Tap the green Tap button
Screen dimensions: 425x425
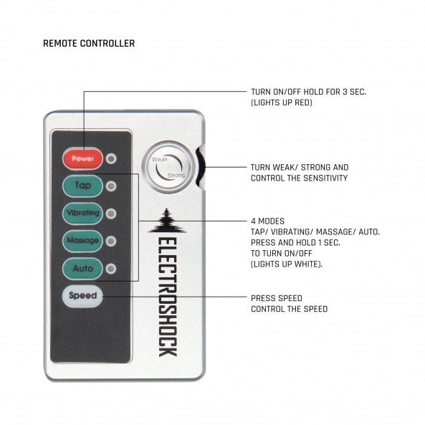(x=82, y=186)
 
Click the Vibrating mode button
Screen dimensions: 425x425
(x=82, y=214)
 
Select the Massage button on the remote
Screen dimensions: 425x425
(x=82, y=241)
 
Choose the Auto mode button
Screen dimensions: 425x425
(x=82, y=269)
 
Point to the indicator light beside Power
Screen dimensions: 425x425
(x=111, y=158)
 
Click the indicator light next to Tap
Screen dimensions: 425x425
(x=111, y=186)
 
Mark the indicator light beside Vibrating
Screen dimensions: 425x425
(x=111, y=214)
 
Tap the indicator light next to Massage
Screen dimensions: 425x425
(x=111, y=242)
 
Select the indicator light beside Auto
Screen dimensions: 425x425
(x=111, y=269)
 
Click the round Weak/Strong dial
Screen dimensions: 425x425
(x=168, y=167)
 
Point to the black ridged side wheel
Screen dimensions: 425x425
(x=201, y=167)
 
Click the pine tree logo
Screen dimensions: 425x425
(x=167, y=221)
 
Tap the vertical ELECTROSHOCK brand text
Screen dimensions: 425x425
(x=168, y=297)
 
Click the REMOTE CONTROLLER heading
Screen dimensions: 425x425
(x=89, y=44)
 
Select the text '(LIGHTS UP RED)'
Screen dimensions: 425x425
(x=282, y=102)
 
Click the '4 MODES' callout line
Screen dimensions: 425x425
(x=193, y=221)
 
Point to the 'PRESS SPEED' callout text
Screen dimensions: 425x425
(x=277, y=298)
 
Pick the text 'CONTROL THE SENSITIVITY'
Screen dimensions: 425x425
(x=299, y=178)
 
